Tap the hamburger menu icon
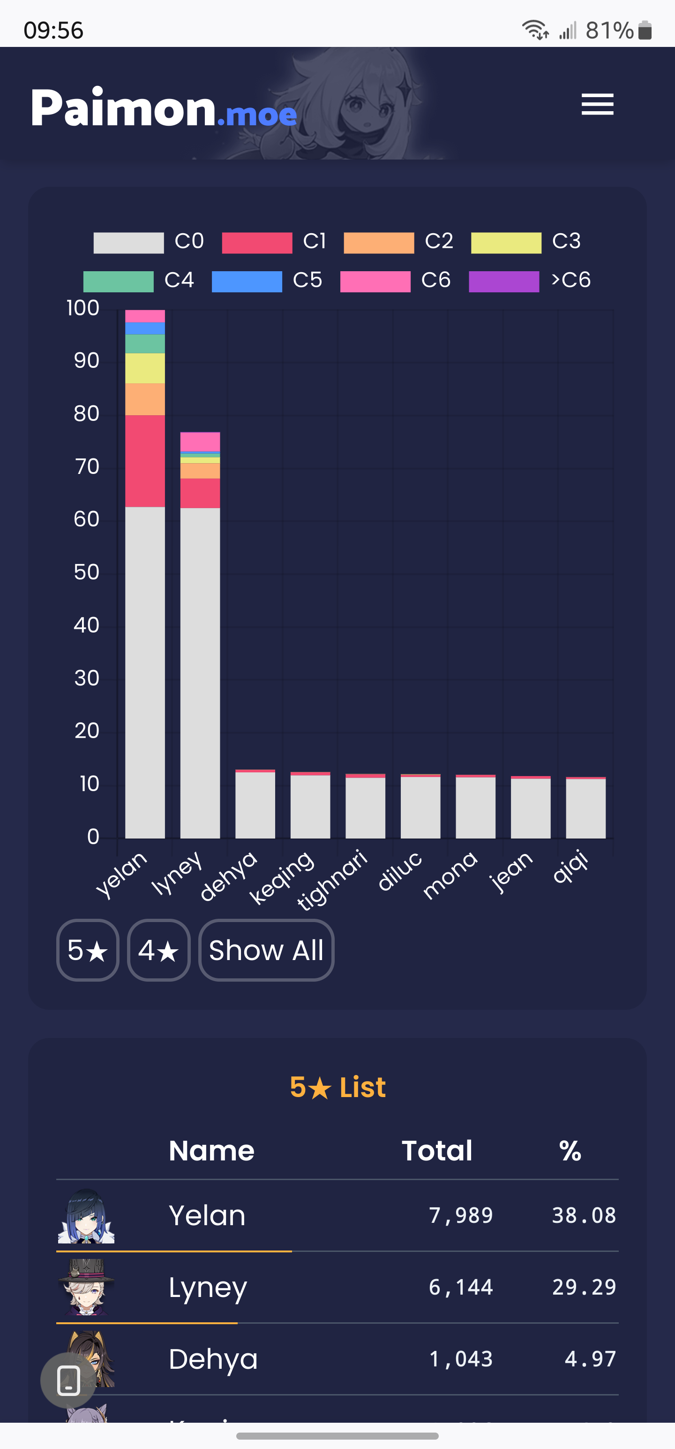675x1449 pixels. pyautogui.click(x=597, y=105)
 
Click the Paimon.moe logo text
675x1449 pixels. pyautogui.click(x=163, y=108)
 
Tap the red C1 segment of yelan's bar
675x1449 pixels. pyautogui.click(x=145, y=461)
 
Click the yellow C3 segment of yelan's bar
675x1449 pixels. pyautogui.click(x=145, y=368)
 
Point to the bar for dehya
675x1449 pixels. pyautogui.click(x=255, y=804)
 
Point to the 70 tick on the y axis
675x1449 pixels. pyautogui.click(x=87, y=466)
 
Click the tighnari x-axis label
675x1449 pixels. pyautogui.click(x=331, y=880)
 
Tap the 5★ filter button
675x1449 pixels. pyautogui.click(x=88, y=950)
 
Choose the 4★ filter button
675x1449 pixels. pyautogui.click(x=158, y=950)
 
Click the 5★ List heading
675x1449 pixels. pyautogui.click(x=338, y=1087)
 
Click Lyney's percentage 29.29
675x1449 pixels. pyautogui.click(x=584, y=1287)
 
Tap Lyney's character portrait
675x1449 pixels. pyautogui.click(x=86, y=1287)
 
